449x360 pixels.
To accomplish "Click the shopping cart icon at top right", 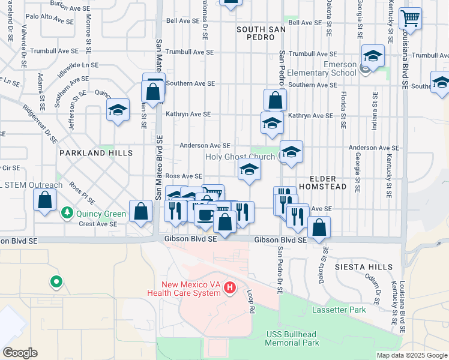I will [411, 19].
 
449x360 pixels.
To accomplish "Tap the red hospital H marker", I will [229, 289].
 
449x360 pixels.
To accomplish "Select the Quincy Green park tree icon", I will [66, 213].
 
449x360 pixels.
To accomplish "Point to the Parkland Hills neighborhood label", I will [95, 154].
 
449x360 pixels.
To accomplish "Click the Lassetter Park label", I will [339, 310].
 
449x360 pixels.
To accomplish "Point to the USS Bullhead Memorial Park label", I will [294, 338].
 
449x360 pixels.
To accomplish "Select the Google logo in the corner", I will [20, 353].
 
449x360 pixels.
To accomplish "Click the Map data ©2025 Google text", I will [412, 355].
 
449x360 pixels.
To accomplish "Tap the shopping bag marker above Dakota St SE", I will [319, 227].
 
